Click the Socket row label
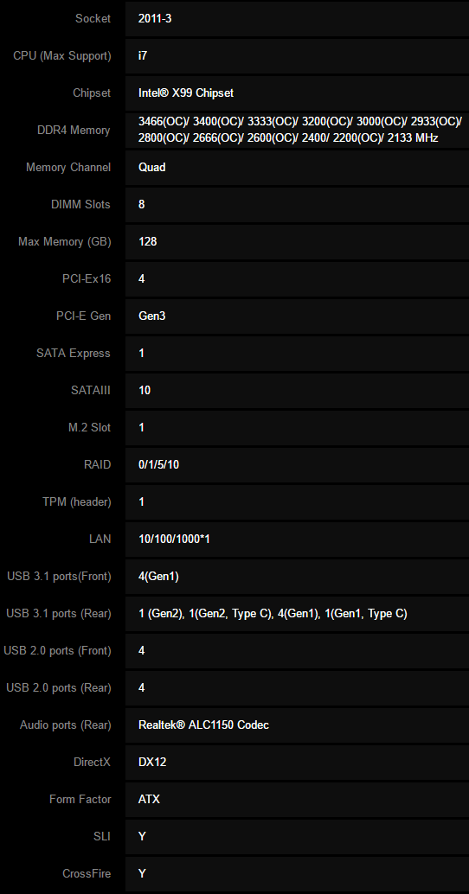coord(93,19)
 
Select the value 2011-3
coord(155,19)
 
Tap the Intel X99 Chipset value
coord(185,93)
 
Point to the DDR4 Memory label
coord(74,130)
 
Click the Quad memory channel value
coord(151,168)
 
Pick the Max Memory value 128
coord(147,242)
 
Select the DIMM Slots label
coord(80,205)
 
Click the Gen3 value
coord(151,316)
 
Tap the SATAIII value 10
coord(145,391)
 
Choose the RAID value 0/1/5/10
coord(158,464)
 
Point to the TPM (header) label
coord(76,502)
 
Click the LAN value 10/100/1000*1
coord(174,539)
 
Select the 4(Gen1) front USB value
coord(158,577)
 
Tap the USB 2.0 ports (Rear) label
coord(59,688)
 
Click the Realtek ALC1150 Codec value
coord(203,725)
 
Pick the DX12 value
coord(152,763)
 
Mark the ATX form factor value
coord(149,800)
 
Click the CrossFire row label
coord(87,873)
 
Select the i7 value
coord(143,56)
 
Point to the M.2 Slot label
coord(90,428)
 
